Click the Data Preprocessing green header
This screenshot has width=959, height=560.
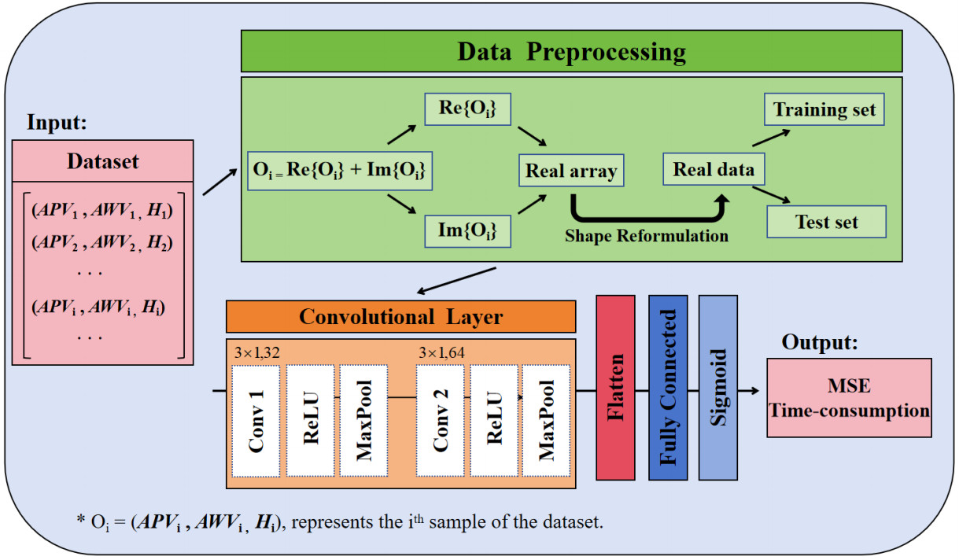[572, 52]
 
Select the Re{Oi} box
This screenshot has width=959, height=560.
[467, 110]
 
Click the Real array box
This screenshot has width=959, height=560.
[570, 170]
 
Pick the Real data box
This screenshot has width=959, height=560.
[714, 170]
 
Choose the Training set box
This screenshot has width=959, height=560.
[824, 109]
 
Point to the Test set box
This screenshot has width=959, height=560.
[826, 222]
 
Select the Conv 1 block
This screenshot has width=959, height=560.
[256, 421]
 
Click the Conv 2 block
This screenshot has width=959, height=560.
[440, 421]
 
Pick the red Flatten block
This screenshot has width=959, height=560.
[615, 388]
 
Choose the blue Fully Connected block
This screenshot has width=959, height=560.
[668, 388]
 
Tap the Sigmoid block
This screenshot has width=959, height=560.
[718, 388]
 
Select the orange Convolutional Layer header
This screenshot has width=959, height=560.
[400, 317]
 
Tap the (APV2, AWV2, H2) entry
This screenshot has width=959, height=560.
[102, 241]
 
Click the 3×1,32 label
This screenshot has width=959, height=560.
[257, 352]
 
